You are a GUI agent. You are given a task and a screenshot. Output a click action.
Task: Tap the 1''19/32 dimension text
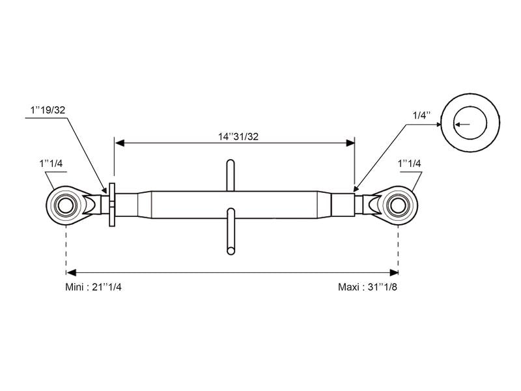coord(47,110)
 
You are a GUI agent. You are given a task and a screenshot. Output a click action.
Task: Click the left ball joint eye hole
coord(66,204)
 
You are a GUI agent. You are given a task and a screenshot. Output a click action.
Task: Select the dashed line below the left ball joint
coord(66,248)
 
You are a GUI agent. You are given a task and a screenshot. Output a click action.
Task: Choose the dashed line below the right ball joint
coord(398,248)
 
